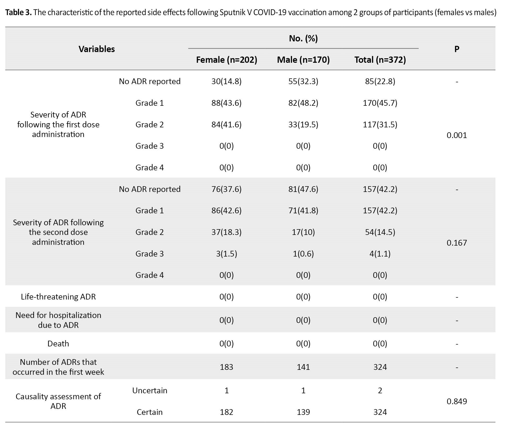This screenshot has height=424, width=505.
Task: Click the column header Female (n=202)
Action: coord(226,60)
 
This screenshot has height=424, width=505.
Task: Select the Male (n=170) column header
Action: coord(303,60)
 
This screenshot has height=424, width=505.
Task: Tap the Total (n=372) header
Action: coord(380,60)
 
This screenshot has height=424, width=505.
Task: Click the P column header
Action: coord(457,49)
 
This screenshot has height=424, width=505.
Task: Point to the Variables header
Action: coord(97,49)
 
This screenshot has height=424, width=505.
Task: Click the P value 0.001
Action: coord(457,135)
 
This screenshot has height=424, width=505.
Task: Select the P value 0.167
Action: coord(457,243)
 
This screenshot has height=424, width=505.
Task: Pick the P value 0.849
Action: coord(457,401)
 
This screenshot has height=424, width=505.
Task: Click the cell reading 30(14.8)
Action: coord(226,82)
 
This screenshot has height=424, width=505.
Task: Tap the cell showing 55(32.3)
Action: coord(303,82)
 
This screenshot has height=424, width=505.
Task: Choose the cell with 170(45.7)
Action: coord(380,103)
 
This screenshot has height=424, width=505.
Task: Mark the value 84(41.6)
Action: coord(226,125)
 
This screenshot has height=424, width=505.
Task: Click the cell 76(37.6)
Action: coord(226,189)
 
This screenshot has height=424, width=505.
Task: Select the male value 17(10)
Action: coord(303,232)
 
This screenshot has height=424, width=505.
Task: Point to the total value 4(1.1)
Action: coord(380,254)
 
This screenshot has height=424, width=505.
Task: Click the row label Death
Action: coord(58,344)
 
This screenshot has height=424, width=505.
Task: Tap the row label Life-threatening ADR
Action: coord(58,297)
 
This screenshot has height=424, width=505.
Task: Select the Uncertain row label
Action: coord(150,391)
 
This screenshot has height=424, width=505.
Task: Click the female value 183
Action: coord(226,367)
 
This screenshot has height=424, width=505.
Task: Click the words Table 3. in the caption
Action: coord(18,12)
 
